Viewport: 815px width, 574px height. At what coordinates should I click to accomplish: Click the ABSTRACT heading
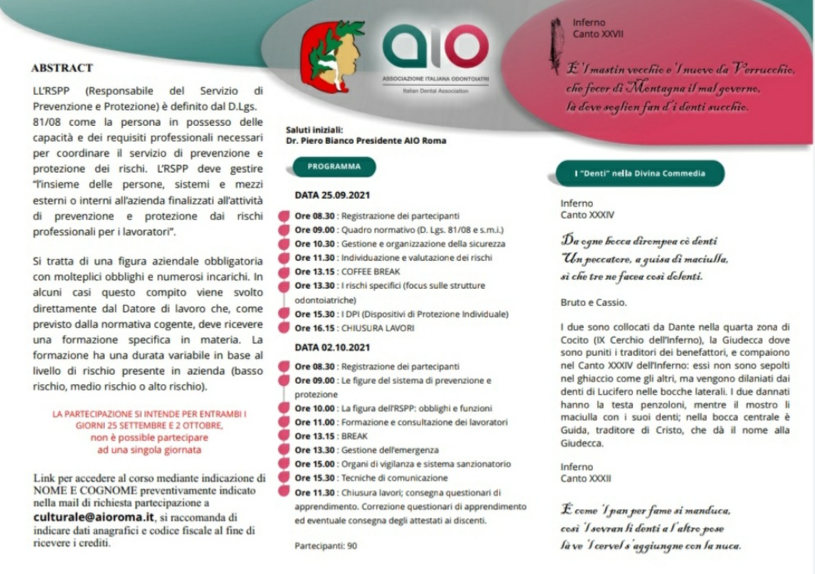coord(62,68)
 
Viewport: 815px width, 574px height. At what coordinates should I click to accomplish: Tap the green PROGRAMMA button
coord(334,167)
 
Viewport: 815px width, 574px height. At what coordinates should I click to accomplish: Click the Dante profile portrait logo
coord(332,57)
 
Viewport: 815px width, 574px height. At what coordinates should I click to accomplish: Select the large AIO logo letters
coord(435,47)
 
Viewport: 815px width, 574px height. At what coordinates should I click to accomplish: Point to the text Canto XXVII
coord(598,34)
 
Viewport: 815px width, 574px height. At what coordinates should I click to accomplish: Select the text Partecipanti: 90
coord(326,545)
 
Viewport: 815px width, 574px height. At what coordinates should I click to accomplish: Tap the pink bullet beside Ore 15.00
coord(284,464)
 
